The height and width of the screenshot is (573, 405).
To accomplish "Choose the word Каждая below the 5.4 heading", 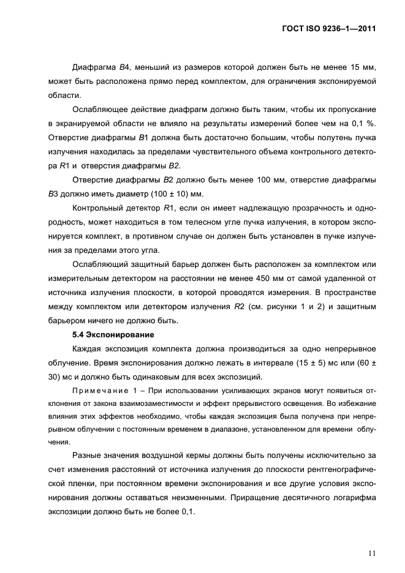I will (89, 350).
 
